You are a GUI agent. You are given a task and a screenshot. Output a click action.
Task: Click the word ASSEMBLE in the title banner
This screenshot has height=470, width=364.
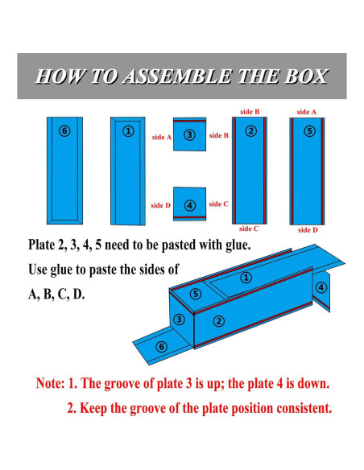[x=177, y=76]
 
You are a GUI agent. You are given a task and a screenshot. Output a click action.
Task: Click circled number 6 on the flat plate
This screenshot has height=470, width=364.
[x=64, y=131]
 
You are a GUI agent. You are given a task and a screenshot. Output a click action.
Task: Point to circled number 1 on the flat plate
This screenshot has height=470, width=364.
[x=128, y=131]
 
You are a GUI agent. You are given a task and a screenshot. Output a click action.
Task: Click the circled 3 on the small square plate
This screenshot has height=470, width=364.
[x=189, y=135]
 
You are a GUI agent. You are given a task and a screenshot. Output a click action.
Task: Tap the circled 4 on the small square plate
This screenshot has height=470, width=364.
[x=189, y=206]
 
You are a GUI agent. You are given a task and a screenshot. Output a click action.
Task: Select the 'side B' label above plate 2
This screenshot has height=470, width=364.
[x=250, y=112]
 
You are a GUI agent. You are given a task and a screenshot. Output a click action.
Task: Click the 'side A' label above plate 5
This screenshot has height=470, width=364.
[x=307, y=112]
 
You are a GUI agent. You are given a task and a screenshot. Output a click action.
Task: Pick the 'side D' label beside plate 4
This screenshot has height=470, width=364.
[x=160, y=205]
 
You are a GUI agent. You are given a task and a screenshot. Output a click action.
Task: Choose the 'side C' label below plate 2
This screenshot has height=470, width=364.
[x=249, y=229]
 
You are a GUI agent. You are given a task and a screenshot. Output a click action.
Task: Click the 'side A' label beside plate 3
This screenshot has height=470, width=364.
[x=162, y=138]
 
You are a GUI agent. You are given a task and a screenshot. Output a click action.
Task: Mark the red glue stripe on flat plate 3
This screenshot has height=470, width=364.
[x=189, y=121]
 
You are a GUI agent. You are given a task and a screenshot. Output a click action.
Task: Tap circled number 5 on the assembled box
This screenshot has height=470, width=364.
[x=196, y=294]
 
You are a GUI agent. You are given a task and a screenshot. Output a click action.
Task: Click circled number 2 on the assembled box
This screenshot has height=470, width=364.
[x=218, y=321]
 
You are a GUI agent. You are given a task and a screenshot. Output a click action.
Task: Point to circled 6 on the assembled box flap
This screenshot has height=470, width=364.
[x=161, y=347]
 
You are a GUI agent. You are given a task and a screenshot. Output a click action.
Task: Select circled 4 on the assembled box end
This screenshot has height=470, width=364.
[x=321, y=287]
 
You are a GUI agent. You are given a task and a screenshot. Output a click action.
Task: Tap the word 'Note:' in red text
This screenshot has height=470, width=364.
[x=51, y=383]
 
